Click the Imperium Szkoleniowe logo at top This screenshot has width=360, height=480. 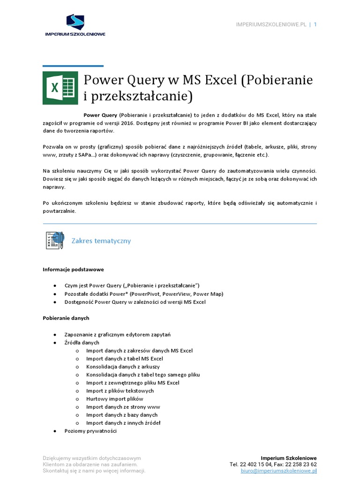pos(75,25)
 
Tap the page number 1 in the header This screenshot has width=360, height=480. pos(315,24)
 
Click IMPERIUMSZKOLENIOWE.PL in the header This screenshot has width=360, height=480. pos(270,24)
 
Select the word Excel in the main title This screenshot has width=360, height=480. pos(220,81)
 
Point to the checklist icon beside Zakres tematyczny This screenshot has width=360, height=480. pos(55,240)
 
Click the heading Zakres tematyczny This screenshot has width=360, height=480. pos(101,241)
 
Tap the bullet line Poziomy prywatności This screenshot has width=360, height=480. pos(90,431)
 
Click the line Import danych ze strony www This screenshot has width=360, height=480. pos(123,406)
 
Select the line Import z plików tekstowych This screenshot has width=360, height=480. pos(120,390)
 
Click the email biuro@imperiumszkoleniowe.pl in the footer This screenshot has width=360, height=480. pos(279,471)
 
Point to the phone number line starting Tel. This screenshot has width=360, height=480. pos(273,464)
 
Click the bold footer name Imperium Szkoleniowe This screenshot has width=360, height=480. pos(289,457)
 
